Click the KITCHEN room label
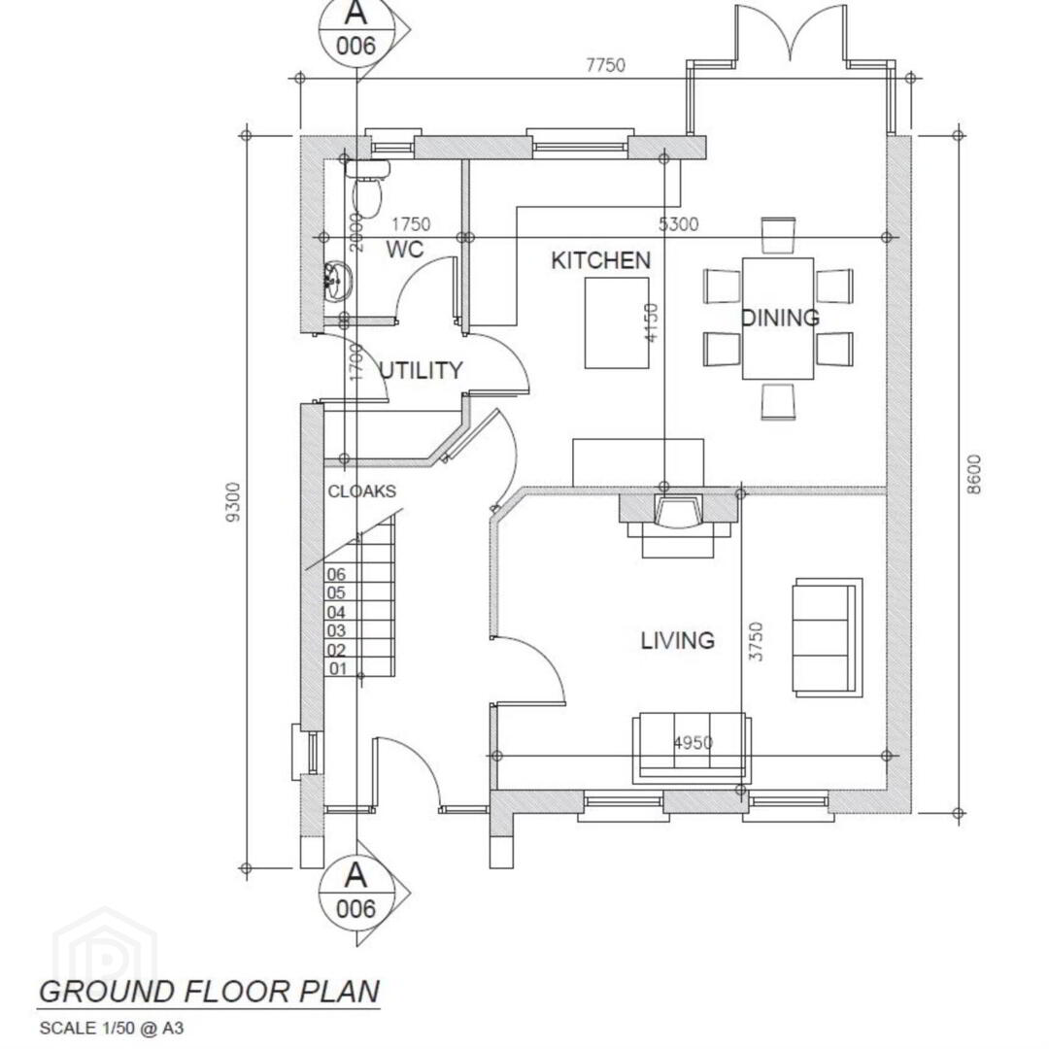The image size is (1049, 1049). (x=601, y=260)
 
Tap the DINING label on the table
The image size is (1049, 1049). (x=780, y=317)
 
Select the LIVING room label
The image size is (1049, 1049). (x=678, y=640)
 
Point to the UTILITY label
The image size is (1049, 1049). (x=421, y=370)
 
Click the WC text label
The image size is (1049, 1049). (x=405, y=249)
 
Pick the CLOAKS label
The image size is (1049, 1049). (x=362, y=491)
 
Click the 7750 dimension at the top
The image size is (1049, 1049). (x=605, y=65)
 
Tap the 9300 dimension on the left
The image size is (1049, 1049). (x=233, y=502)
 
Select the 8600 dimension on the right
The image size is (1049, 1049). (x=974, y=474)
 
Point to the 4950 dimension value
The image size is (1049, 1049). (x=694, y=743)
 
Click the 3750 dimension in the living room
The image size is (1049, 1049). (x=756, y=642)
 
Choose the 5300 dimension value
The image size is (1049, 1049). (x=678, y=224)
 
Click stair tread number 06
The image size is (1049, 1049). (x=336, y=574)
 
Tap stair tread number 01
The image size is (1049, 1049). (x=338, y=668)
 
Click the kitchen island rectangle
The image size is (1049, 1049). (x=617, y=322)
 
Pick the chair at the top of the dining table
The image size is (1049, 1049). (x=778, y=235)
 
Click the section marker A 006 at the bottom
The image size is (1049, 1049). (x=357, y=891)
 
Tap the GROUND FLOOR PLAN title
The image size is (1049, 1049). (x=210, y=991)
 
